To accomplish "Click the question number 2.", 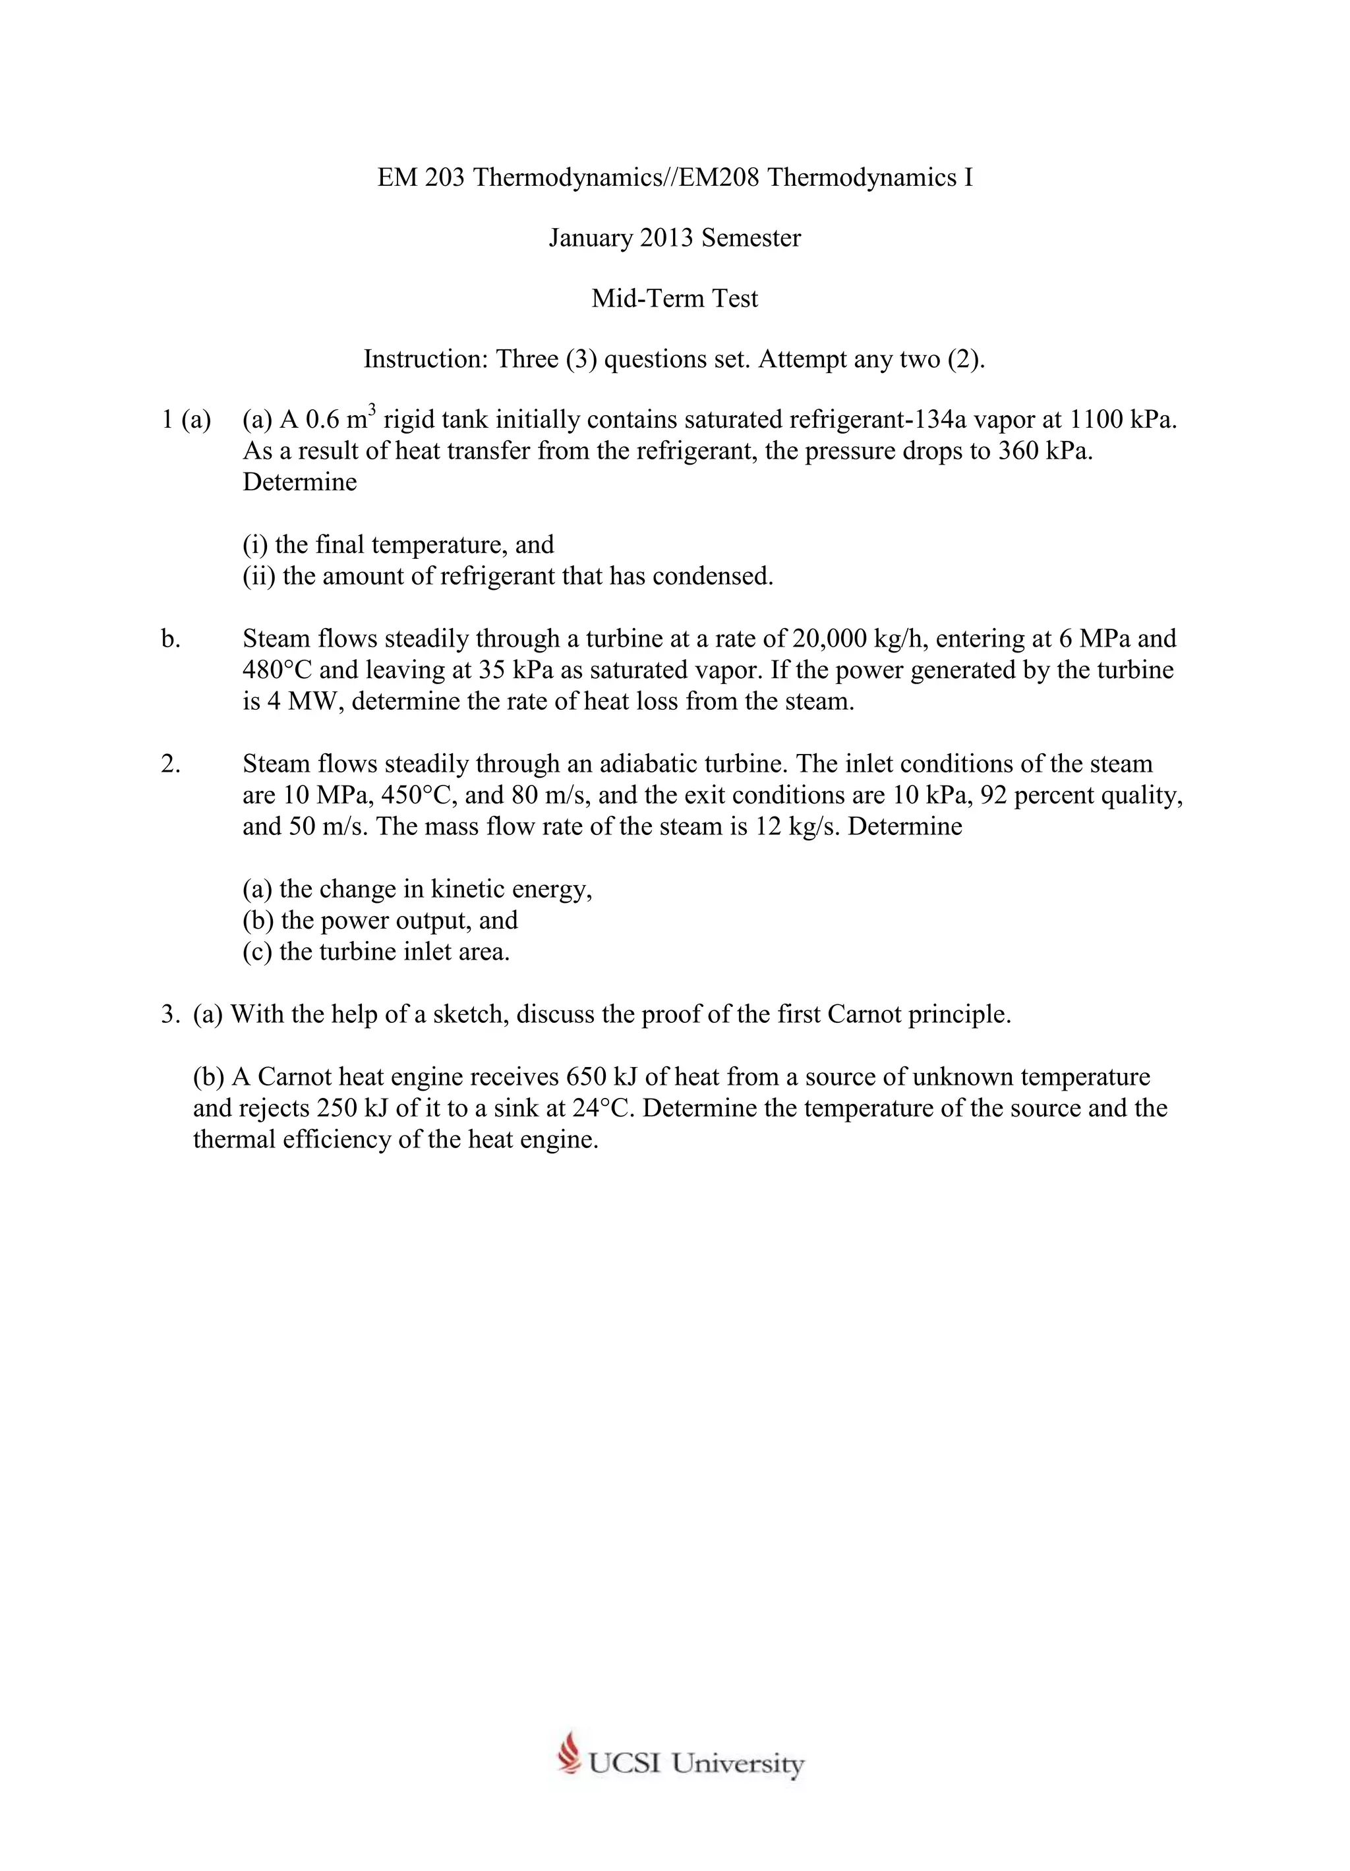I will (x=170, y=763).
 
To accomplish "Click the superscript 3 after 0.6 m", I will (x=372, y=409).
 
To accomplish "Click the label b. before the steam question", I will (x=170, y=638).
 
